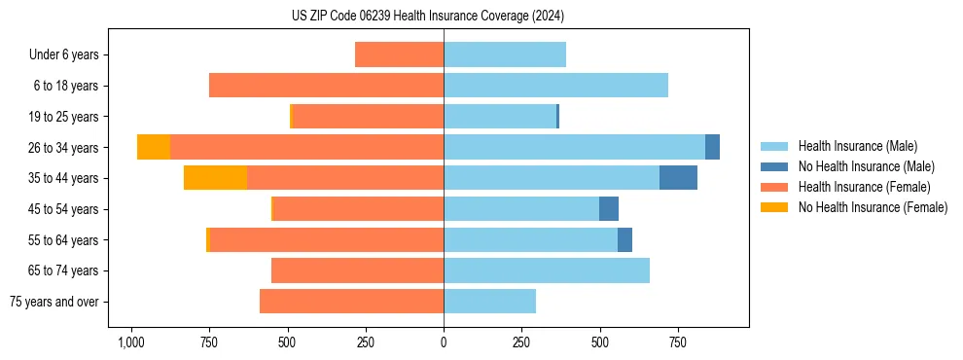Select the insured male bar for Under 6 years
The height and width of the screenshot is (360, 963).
pos(505,54)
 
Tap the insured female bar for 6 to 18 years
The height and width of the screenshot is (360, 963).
pos(326,86)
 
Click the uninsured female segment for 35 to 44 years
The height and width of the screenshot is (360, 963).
pos(215,178)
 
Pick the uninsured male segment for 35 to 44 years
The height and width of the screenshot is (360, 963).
pos(678,178)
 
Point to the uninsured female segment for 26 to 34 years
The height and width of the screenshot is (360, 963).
pos(154,147)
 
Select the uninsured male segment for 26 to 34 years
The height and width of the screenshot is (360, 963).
pos(712,147)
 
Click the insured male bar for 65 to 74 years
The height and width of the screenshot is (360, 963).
pos(547,270)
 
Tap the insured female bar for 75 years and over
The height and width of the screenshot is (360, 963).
pos(351,302)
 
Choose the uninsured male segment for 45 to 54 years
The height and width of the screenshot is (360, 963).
pos(609,209)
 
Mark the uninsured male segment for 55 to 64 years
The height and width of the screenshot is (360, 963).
pos(624,240)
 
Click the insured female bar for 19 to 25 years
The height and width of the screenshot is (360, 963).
pos(368,117)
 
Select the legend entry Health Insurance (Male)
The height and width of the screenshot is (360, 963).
pos(857,146)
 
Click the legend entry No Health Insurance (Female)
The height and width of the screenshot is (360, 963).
pos(873,207)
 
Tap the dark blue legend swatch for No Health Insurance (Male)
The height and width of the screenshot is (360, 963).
pos(774,166)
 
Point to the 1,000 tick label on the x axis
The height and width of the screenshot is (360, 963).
pos(131,342)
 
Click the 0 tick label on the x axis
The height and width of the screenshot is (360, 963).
pos(444,342)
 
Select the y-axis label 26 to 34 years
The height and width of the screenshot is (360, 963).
pos(64,148)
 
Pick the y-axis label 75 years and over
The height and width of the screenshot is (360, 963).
pos(54,302)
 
